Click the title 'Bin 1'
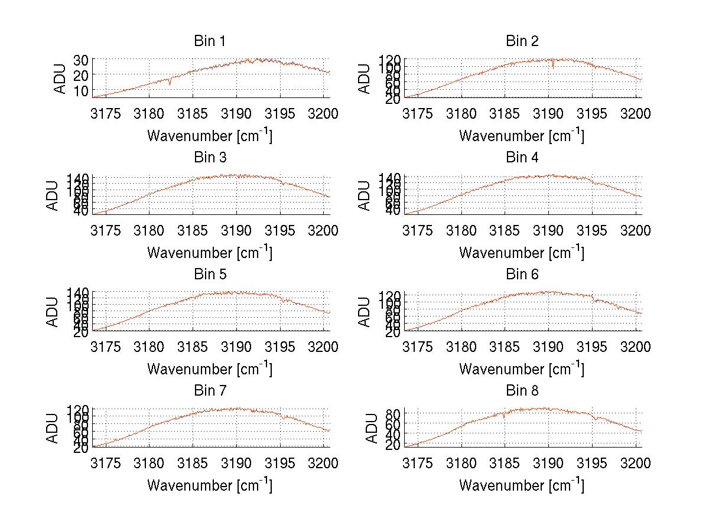pos(210,41)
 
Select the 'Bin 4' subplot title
pos(522,158)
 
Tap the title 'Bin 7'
pos(210,391)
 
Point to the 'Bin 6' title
pos(522,275)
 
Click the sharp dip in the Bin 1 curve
pos(170,83)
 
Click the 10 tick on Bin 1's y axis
pos(81,90)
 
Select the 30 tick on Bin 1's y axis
pos(81,60)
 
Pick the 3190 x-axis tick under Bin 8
pos(549,464)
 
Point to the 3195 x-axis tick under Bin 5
pos(281,347)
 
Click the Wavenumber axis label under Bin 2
pos(522,136)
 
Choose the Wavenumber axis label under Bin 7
pos(210,485)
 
